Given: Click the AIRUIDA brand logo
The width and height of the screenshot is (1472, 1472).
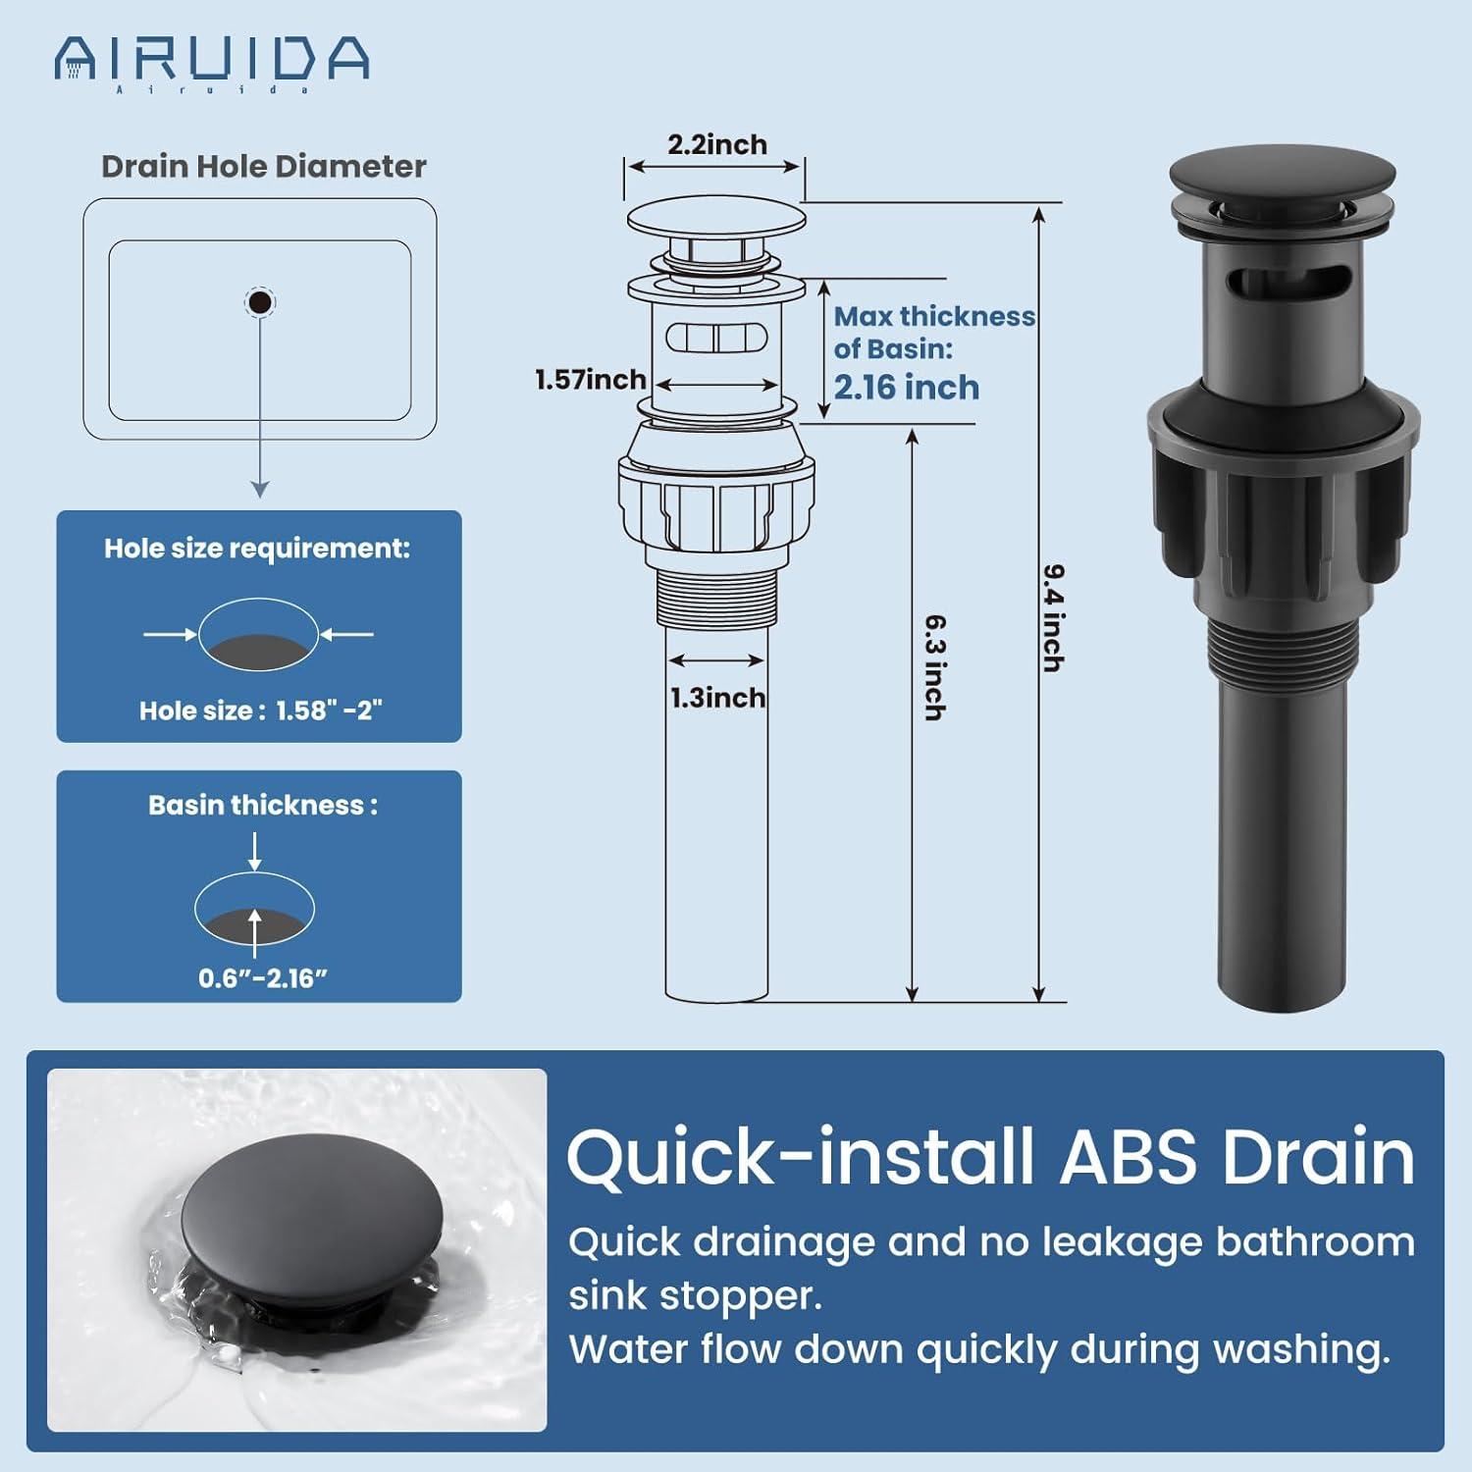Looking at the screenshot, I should click(211, 61).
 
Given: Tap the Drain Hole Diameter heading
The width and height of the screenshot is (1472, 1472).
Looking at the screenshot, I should click(263, 166).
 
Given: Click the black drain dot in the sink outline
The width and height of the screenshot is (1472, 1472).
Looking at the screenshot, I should click(260, 302).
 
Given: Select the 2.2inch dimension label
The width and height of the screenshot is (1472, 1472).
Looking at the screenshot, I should click(717, 144).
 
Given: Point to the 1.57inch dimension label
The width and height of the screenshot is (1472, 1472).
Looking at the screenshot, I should click(590, 379).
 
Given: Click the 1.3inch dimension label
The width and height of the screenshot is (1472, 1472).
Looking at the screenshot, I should click(717, 698).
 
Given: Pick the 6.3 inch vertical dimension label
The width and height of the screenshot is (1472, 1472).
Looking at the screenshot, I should click(935, 667).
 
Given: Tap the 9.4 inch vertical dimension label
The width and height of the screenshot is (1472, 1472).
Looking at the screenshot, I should click(1053, 618).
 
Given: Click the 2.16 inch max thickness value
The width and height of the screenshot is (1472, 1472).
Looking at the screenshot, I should click(906, 388).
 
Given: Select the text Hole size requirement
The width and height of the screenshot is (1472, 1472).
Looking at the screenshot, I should click(257, 548).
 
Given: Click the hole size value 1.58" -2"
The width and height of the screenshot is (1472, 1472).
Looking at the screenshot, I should click(329, 710).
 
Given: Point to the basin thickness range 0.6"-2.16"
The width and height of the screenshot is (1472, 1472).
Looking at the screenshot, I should click(263, 977).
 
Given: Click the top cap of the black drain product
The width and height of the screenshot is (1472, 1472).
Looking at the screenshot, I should click(1282, 184).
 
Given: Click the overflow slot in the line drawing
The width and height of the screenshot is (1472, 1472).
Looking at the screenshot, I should click(716, 338).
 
